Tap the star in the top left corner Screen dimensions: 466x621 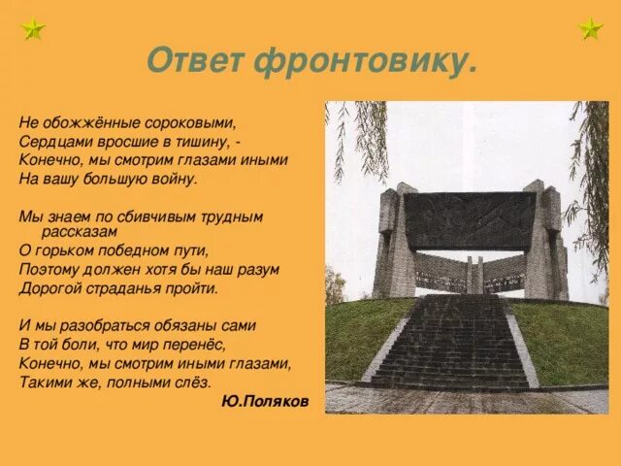point(31,29)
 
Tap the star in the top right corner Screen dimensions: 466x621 point(590,29)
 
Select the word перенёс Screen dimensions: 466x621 point(201,344)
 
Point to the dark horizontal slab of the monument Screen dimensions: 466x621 point(470,220)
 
